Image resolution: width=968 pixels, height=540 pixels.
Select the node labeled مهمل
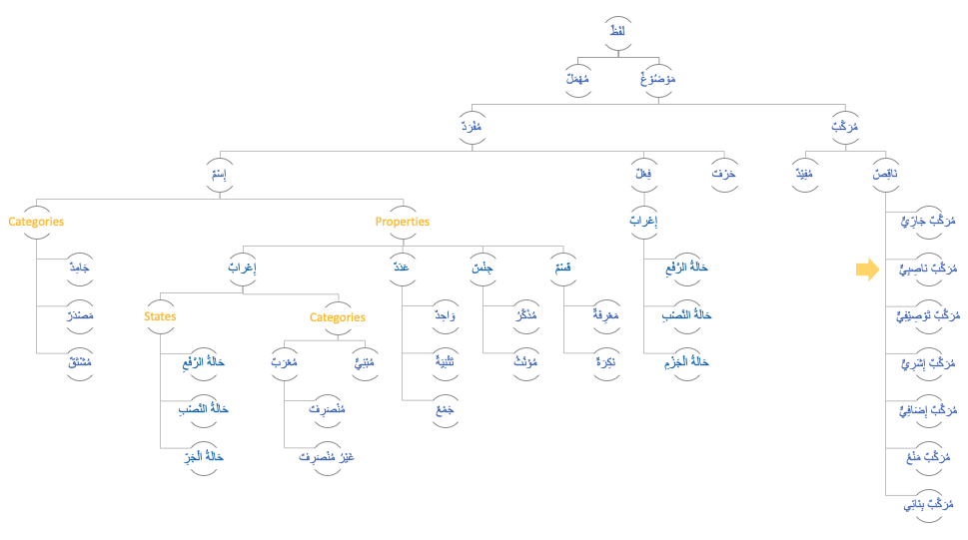577,79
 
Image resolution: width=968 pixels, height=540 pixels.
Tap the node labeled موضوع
657,79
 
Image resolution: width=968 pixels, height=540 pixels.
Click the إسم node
219,175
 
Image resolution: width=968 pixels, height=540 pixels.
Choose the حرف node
723,175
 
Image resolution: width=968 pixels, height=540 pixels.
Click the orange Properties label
403,222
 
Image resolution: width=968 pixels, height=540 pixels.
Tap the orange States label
160,316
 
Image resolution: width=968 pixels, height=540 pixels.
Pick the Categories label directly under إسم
36,222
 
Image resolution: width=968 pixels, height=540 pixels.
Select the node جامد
79,269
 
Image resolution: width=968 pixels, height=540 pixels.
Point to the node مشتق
79,362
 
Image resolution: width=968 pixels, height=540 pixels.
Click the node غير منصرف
327,457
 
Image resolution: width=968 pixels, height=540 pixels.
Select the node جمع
445,409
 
